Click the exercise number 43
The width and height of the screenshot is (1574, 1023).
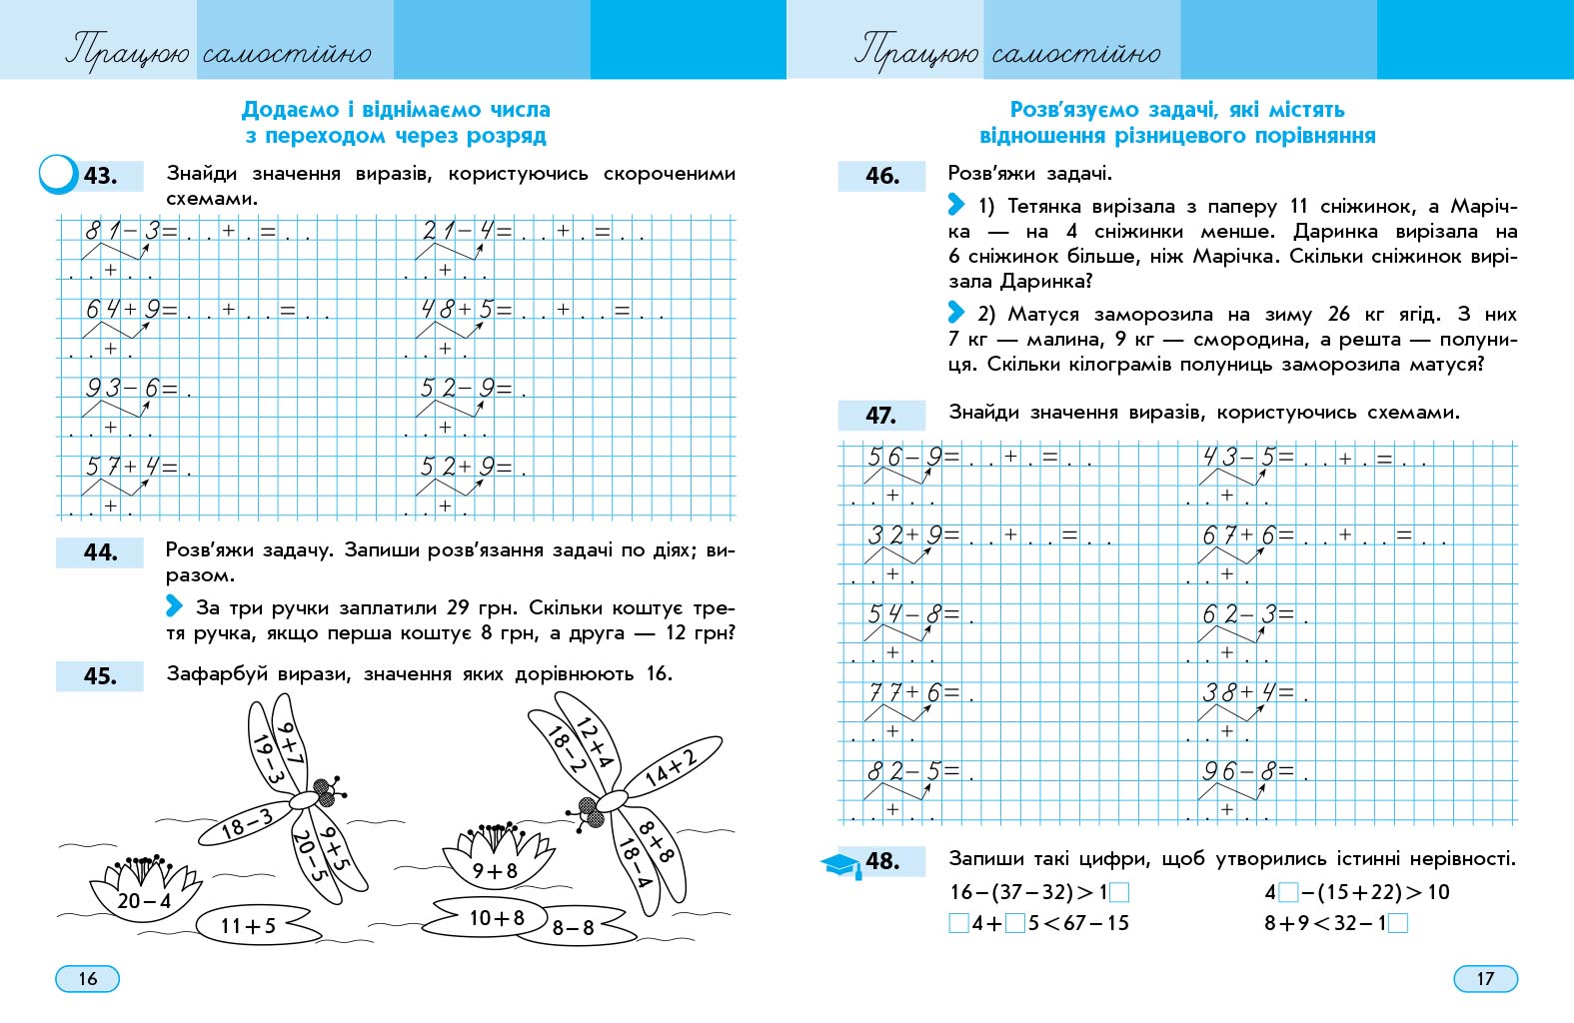pyautogui.click(x=100, y=176)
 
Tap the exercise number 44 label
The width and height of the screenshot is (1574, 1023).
pyautogui.click(x=100, y=552)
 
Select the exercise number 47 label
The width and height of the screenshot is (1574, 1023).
pyautogui.click(x=880, y=416)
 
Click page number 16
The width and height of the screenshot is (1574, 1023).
pyautogui.click(x=88, y=979)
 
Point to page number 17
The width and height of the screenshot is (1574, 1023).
pyautogui.click(x=1485, y=979)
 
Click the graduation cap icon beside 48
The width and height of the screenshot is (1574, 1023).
pyautogui.click(x=841, y=865)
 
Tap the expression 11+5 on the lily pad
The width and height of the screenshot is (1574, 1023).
pyautogui.click(x=248, y=926)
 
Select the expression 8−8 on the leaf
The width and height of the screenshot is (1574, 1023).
pyautogui.click(x=574, y=928)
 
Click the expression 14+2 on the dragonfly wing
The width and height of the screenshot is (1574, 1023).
pyautogui.click(x=672, y=767)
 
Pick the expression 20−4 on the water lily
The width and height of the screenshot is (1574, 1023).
pyautogui.click(x=144, y=901)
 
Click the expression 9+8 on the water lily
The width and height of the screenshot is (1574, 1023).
pyautogui.click(x=495, y=871)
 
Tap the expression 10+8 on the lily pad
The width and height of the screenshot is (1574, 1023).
pyautogui.click(x=497, y=917)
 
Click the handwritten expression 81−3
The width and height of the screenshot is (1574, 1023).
pyautogui.click(x=122, y=232)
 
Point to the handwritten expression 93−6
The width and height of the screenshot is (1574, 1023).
pyautogui.click(x=122, y=389)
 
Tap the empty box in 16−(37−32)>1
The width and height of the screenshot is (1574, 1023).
pyautogui.click(x=1119, y=893)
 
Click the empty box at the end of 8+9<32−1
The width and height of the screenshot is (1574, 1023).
pyautogui.click(x=1398, y=923)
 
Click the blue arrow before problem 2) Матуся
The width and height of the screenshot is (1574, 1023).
pyautogui.click(x=956, y=313)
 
